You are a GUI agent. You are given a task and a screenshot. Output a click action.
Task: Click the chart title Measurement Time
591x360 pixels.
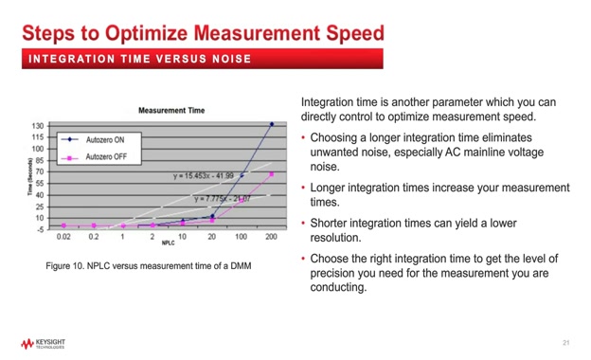point(171,111)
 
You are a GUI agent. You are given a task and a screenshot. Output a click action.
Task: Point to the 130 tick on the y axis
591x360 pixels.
point(38,125)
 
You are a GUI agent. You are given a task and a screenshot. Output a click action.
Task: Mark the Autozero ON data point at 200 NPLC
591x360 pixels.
point(272,124)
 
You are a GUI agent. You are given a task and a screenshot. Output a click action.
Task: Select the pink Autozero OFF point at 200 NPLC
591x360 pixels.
point(272,174)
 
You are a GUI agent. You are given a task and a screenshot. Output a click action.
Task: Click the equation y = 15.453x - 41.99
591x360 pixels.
point(205,176)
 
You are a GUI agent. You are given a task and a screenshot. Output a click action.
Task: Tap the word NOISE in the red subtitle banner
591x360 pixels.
point(229,60)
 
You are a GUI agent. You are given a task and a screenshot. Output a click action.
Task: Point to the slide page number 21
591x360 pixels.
point(565,342)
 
